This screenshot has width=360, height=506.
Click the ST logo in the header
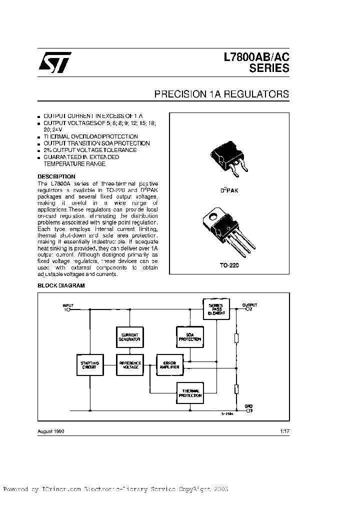tap(55, 63)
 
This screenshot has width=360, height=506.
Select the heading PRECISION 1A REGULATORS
tap(221, 94)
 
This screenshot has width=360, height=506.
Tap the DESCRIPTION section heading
tap(56, 176)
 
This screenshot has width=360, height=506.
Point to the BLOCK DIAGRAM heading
tap(61, 285)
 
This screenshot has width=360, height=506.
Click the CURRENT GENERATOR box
tap(129, 336)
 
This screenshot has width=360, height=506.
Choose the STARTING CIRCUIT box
tap(90, 364)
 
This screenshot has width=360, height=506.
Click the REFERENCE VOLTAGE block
tap(129, 364)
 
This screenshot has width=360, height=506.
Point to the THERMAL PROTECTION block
tap(189, 393)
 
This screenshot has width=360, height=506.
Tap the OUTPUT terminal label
tap(249, 304)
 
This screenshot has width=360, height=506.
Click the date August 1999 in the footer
tap(51, 430)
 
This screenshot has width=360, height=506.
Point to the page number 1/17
tap(284, 430)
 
